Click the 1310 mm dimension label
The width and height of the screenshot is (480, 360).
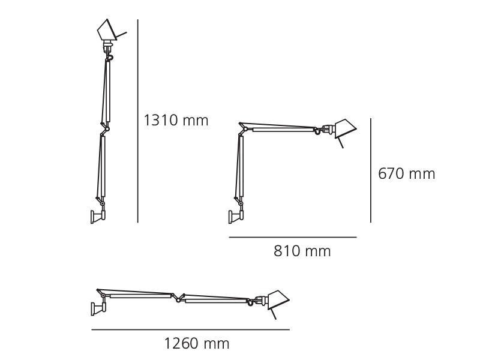pos(176,120)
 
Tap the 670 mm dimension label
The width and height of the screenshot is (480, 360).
pos(406,174)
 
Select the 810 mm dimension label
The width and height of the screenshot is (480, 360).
pos(302,251)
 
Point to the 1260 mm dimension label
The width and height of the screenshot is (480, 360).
pos(197,344)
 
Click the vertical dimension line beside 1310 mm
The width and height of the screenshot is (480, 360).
pos(138,120)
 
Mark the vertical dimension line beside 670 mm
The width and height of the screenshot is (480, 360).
pos(370,170)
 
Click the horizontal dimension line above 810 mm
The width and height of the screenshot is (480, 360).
pos(293,238)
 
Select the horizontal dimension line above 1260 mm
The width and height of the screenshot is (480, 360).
pos(190,329)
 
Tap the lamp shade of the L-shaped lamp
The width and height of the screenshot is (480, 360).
pos(344,127)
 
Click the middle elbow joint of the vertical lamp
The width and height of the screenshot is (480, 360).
pos(106,128)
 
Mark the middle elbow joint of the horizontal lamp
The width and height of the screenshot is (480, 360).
pos(177,297)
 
